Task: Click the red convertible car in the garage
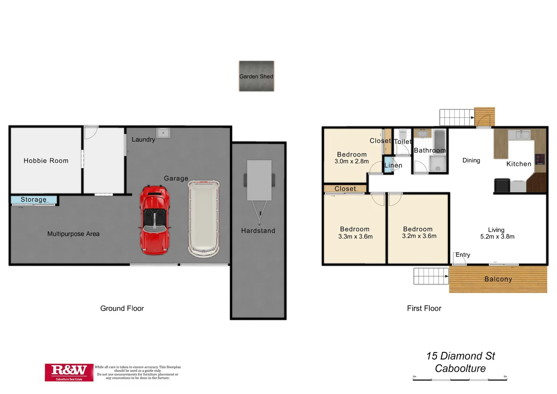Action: pyautogui.click(x=155, y=220)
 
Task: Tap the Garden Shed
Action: pyautogui.click(x=256, y=76)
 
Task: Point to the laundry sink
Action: pyautogui.click(x=163, y=132)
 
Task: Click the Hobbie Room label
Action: pyautogui.click(x=46, y=161)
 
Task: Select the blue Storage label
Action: pyautogui.click(x=34, y=200)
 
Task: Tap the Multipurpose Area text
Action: pyautogui.click(x=73, y=234)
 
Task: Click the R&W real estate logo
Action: pyautogui.click(x=69, y=372)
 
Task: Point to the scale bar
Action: pyautogui.click(x=460, y=379)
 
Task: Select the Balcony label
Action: pyautogui.click(x=498, y=279)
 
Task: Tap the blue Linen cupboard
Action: pyautogui.click(x=388, y=165)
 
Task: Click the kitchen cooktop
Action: pyautogui.click(x=540, y=159)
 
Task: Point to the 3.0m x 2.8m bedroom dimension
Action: pyautogui.click(x=351, y=161)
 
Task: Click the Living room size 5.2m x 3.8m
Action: pyautogui.click(x=497, y=236)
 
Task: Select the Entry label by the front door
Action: pyautogui.click(x=463, y=255)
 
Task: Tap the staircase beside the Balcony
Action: pyautogui.click(x=431, y=276)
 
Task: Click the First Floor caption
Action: pyautogui.click(x=424, y=308)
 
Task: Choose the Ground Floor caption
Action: pyautogui.click(x=122, y=308)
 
